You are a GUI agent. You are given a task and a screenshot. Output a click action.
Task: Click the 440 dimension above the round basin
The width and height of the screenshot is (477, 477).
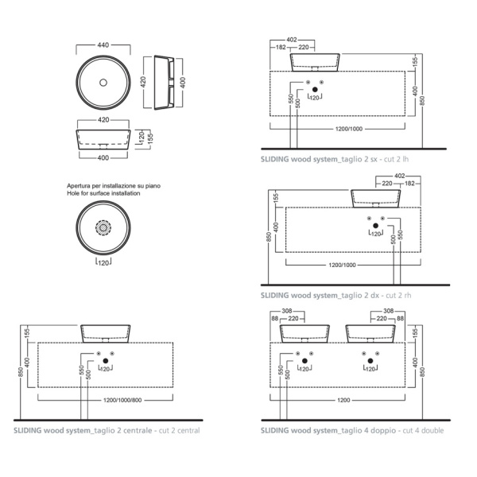[x=103, y=45]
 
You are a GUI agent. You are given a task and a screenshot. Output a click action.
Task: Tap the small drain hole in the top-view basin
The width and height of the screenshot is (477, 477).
[x=103, y=82]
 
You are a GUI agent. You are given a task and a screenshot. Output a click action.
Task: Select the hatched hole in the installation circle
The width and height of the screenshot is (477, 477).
[x=103, y=228]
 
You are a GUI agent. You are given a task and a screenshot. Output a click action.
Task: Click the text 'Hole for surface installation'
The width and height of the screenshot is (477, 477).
[x=103, y=193]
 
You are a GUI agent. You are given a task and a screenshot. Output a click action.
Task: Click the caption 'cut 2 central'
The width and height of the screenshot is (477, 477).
[x=175, y=430]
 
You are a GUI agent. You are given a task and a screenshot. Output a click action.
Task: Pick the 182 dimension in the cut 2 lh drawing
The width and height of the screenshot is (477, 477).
[x=281, y=48]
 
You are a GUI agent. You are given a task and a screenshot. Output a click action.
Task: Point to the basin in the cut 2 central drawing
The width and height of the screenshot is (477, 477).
[x=104, y=332]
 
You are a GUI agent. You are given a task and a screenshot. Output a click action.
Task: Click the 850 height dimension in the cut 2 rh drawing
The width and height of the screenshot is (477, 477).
[x=270, y=236]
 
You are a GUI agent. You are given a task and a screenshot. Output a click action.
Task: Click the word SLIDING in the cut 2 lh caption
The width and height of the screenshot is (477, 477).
[x=275, y=159]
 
